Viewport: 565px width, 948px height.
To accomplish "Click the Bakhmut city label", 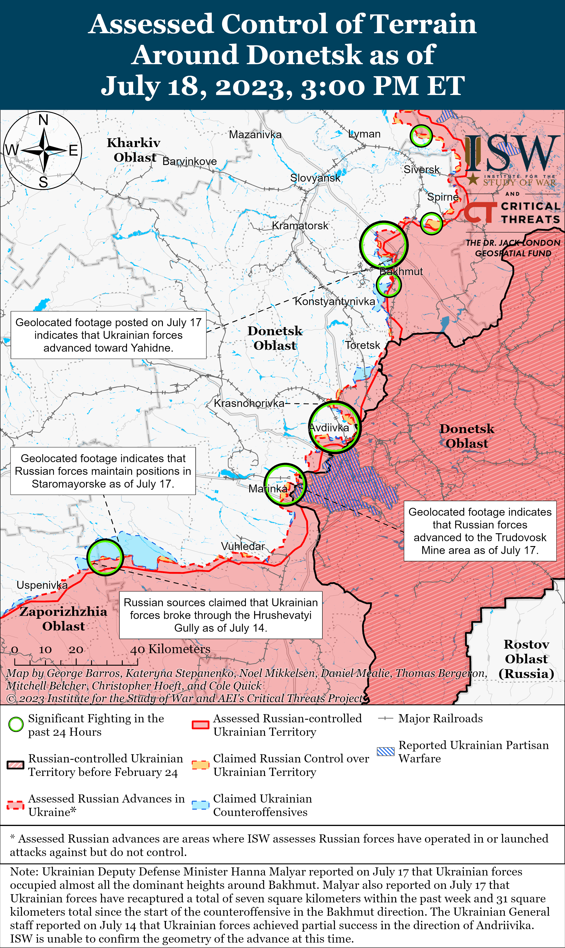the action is (x=401, y=272).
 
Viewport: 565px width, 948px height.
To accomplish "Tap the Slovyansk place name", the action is (x=315, y=178).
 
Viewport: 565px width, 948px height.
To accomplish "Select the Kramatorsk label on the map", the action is (x=300, y=226).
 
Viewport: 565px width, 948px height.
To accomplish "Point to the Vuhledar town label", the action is (x=243, y=546).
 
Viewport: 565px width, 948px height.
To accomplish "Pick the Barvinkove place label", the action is (x=190, y=161).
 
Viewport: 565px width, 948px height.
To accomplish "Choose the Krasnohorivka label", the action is (x=249, y=403).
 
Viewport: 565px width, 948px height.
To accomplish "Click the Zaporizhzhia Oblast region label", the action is (x=64, y=619).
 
